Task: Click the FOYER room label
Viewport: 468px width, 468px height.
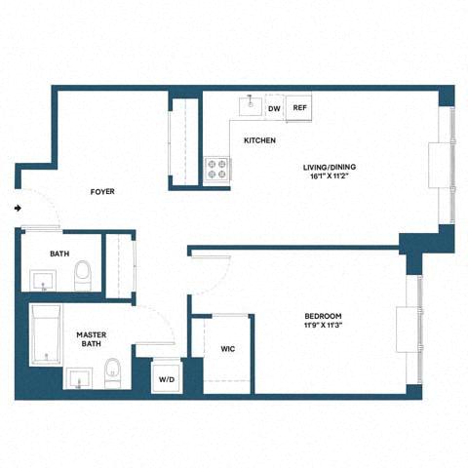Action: (x=102, y=192)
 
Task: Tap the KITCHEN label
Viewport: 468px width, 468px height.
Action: (x=259, y=141)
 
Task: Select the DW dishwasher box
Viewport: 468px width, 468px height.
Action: (x=275, y=109)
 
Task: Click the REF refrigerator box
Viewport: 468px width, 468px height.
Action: (x=299, y=109)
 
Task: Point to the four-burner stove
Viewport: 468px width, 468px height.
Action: (x=216, y=171)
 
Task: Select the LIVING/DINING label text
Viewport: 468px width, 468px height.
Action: (x=330, y=167)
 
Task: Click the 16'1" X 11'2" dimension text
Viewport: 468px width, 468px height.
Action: (x=330, y=177)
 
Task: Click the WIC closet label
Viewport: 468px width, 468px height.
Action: (x=228, y=348)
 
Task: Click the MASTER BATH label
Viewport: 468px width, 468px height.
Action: (x=91, y=340)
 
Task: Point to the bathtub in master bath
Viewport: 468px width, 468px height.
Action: (x=44, y=335)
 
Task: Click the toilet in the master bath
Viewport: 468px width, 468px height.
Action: (x=112, y=373)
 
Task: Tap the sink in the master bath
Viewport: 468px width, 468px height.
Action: (x=77, y=376)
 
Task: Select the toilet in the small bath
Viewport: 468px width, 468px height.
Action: (x=84, y=274)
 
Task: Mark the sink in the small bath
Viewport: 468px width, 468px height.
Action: (x=44, y=282)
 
